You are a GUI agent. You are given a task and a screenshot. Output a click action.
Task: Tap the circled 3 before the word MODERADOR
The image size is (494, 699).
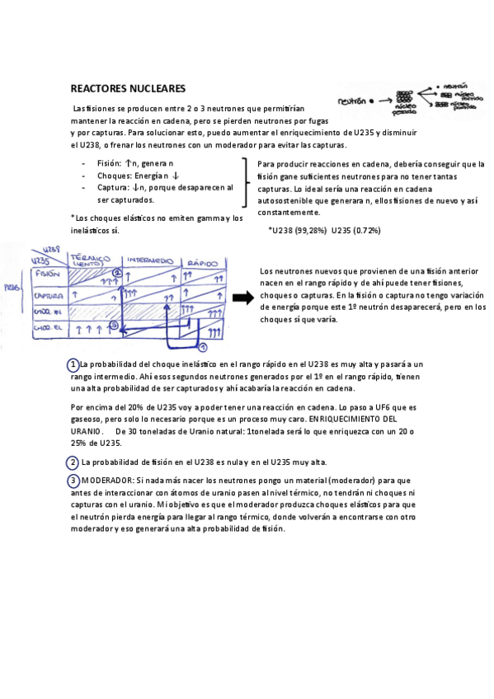(x=73, y=480)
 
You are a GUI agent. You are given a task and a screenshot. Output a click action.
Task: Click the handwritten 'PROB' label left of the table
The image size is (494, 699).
(x=12, y=288)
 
